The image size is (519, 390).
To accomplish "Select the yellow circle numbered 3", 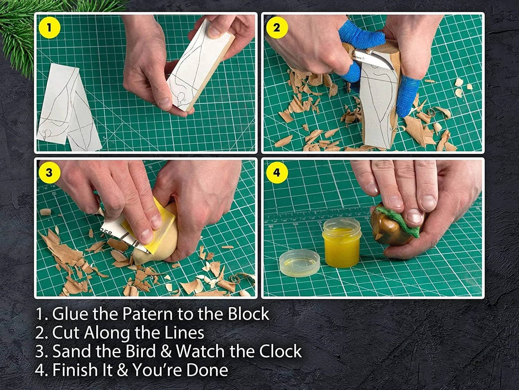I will (49, 172).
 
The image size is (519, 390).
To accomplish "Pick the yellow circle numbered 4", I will (276, 172).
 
